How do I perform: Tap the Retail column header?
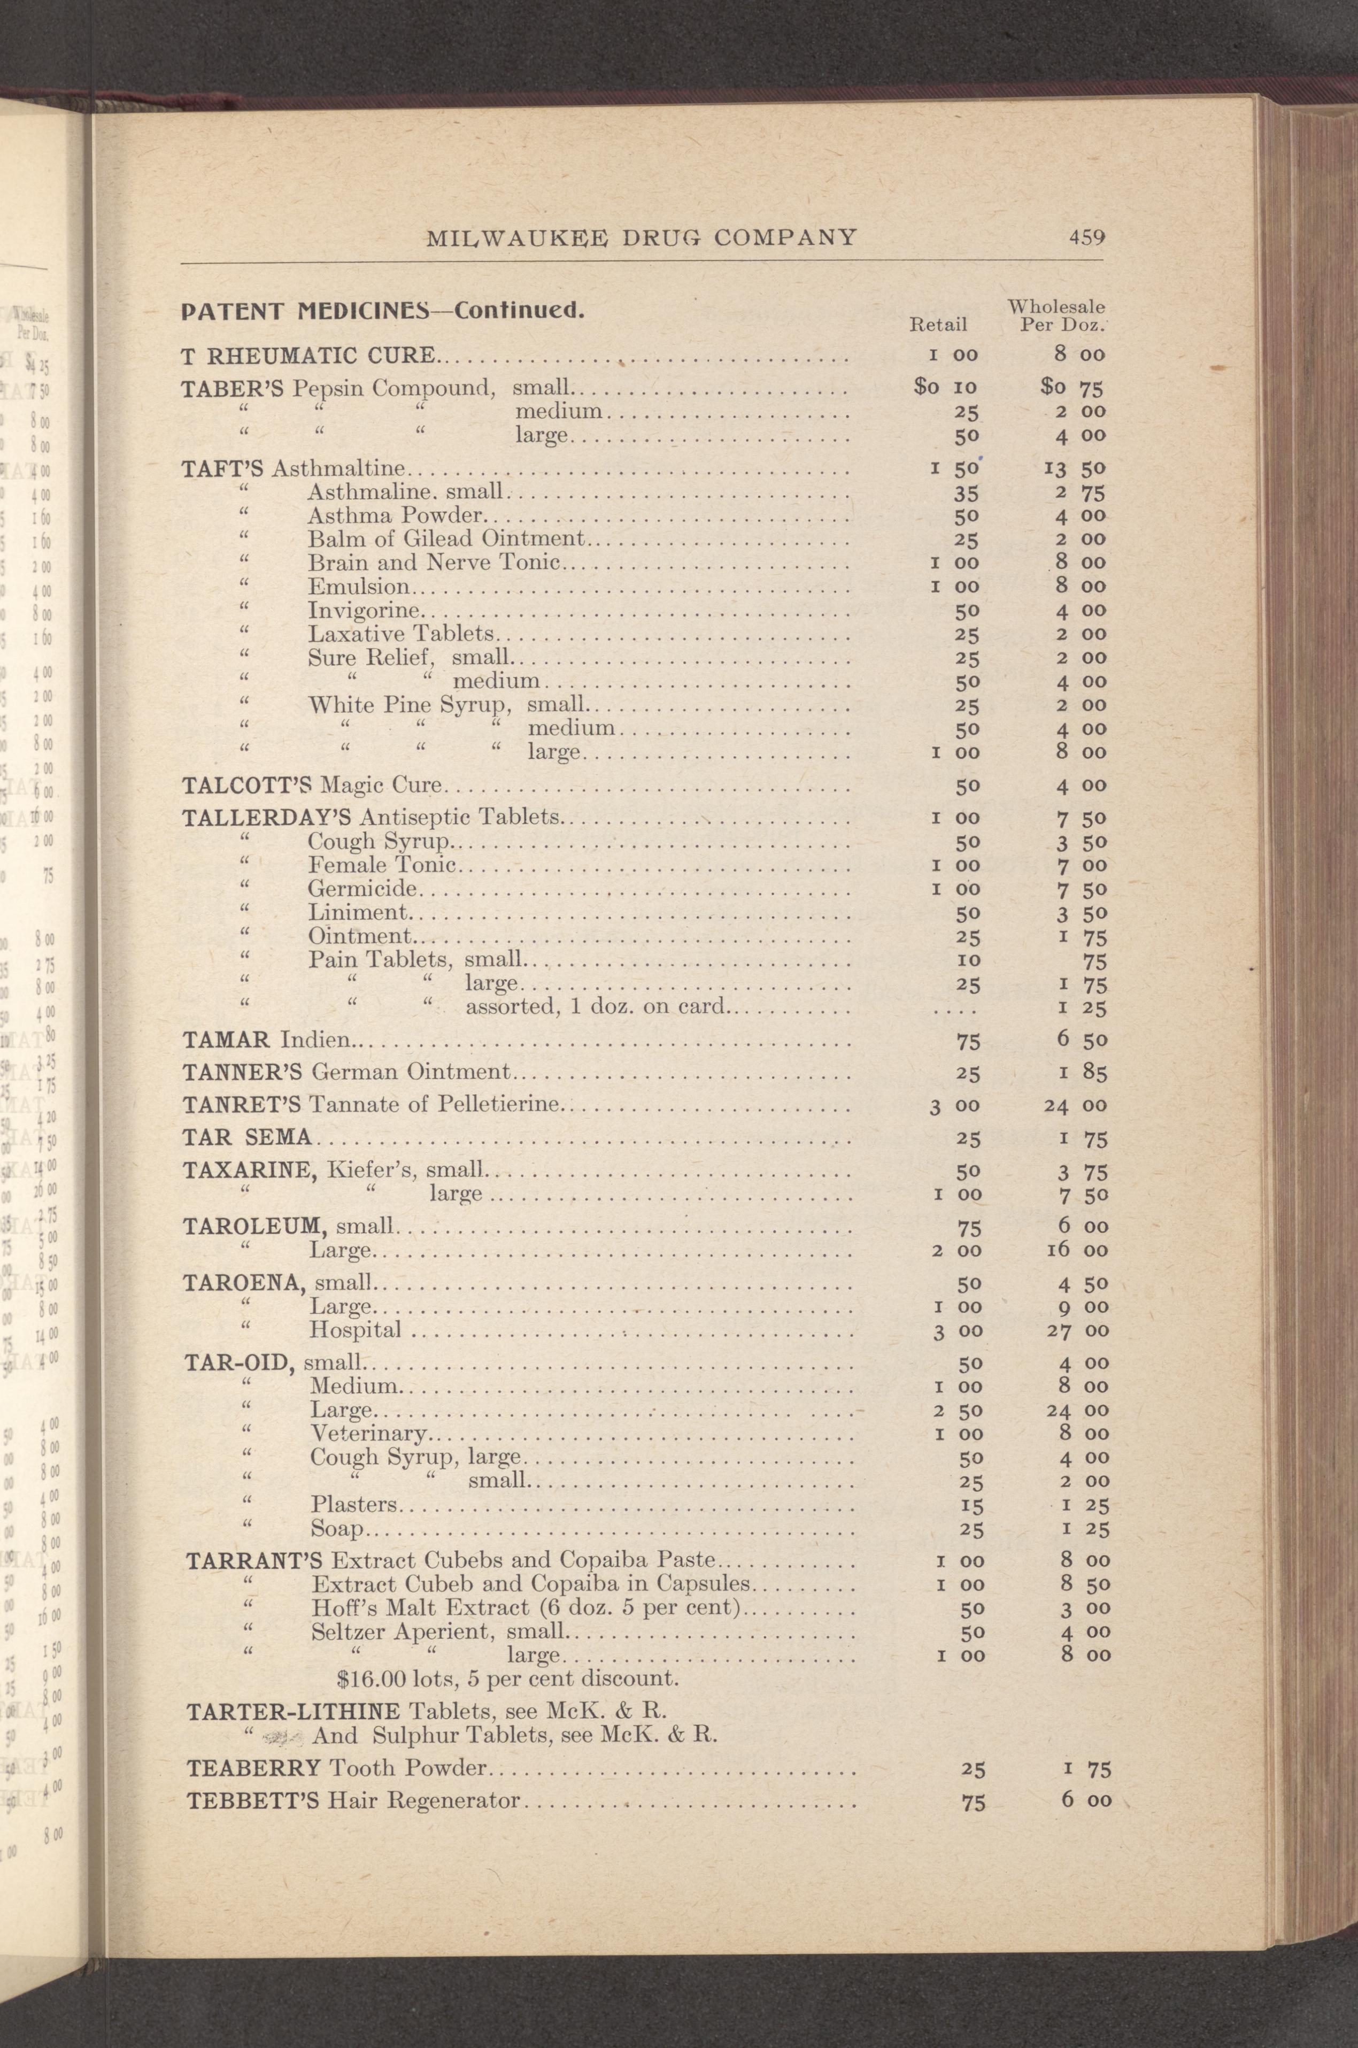pyautogui.click(x=937, y=325)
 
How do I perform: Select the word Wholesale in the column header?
pyautogui.click(x=1056, y=306)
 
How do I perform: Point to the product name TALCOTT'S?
pyautogui.click(x=249, y=786)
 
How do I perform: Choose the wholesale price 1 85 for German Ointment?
pyautogui.click(x=1083, y=1073)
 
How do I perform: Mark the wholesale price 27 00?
pyautogui.click(x=1077, y=1330)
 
